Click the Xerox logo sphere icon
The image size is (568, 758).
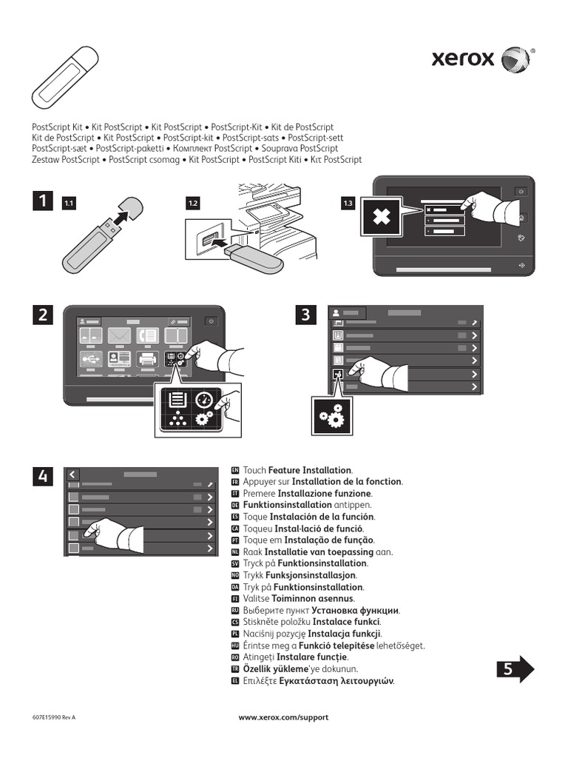(x=515, y=59)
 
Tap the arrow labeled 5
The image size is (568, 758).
(x=515, y=668)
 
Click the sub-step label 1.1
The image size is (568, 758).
(x=70, y=203)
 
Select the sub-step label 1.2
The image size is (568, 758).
(x=193, y=203)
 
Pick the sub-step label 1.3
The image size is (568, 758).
(x=348, y=203)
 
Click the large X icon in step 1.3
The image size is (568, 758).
(x=381, y=218)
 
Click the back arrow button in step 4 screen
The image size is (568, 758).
(x=72, y=474)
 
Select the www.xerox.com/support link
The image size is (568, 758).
(x=283, y=717)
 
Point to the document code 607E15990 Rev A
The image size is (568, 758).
(x=54, y=717)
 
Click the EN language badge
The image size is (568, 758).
(x=235, y=470)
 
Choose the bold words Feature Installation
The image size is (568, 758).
(x=310, y=470)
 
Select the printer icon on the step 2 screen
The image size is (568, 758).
(x=147, y=360)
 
